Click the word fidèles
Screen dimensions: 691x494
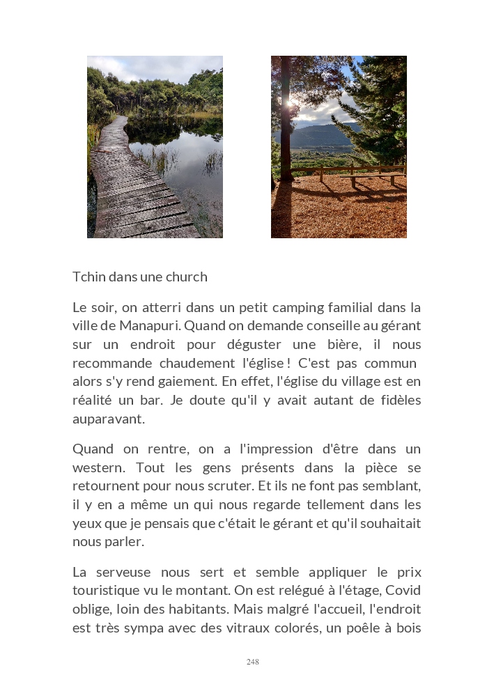coord(394,401)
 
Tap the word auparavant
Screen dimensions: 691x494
coord(108,419)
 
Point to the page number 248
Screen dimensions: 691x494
coord(252,662)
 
